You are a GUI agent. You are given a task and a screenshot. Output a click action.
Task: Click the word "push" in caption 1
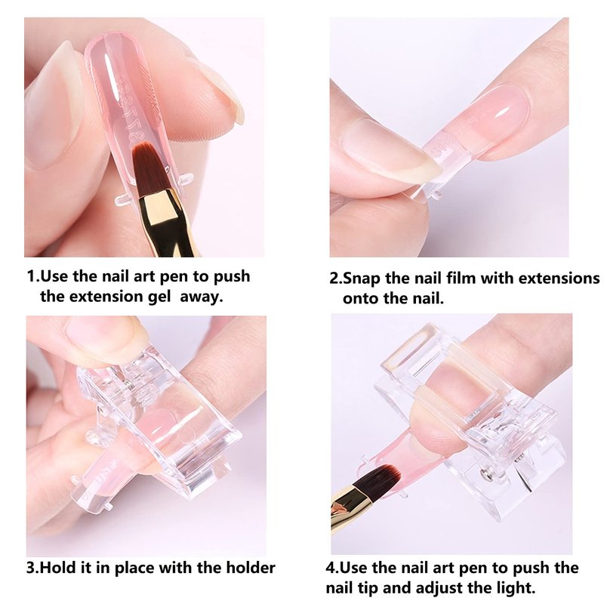point(232,276)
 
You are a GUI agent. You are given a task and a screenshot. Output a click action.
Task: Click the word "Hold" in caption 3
point(58,568)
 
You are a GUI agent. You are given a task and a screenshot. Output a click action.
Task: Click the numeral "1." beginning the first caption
point(33,276)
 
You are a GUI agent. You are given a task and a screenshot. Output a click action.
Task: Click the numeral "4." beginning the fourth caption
point(332,568)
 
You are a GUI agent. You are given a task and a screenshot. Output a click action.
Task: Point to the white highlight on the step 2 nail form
point(504,112)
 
